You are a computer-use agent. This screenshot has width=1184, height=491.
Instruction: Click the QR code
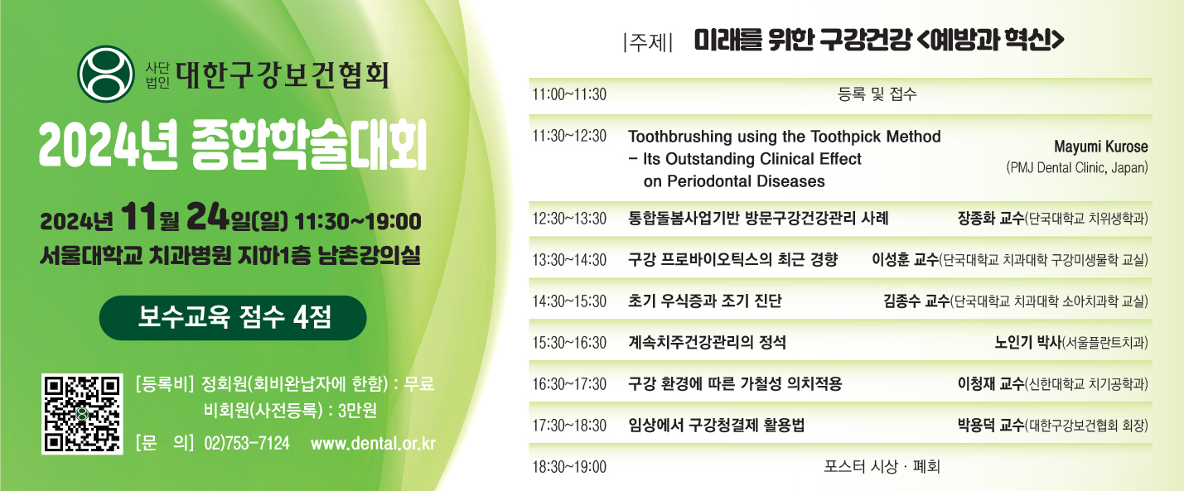point(82,414)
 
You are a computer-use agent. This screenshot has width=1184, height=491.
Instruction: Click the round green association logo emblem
point(106,74)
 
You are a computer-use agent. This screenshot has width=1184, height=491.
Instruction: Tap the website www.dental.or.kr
point(373,443)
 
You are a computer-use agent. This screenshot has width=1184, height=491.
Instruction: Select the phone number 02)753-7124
point(247,443)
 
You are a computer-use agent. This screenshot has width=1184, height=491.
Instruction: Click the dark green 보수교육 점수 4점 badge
point(233,318)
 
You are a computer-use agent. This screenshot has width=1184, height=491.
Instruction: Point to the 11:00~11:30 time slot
point(569,94)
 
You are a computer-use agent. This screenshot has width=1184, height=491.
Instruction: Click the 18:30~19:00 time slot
point(569,467)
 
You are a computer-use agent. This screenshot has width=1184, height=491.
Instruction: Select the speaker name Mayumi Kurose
point(1101,147)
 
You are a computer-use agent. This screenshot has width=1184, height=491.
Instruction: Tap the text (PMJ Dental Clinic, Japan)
point(1077,168)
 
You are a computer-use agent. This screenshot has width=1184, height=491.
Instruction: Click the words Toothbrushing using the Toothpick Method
point(785,137)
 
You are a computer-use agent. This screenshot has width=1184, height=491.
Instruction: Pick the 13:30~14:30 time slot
point(569,260)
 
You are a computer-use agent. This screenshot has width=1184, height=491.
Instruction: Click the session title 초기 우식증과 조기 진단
point(704,301)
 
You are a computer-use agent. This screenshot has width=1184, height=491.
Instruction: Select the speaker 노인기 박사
point(1028,343)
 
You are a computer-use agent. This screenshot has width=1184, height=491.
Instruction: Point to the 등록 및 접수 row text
point(877,94)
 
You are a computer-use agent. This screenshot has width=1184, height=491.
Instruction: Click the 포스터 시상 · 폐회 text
point(882,467)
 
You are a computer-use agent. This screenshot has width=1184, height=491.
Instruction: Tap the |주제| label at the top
point(648,42)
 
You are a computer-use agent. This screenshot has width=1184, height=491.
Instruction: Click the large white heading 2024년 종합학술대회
point(233,145)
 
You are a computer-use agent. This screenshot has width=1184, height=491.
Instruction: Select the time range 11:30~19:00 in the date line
point(358,222)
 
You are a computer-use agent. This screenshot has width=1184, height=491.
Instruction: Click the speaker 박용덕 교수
point(991,426)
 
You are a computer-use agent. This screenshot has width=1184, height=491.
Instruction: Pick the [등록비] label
point(165,384)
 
